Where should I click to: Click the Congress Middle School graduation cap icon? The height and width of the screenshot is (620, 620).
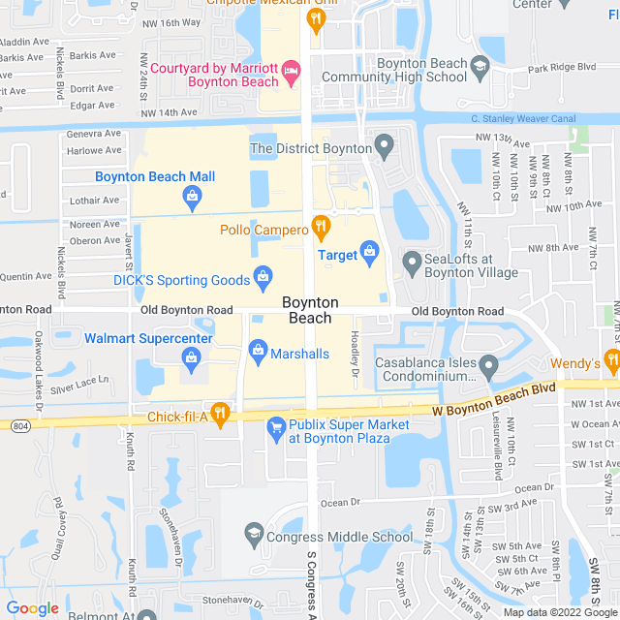tap(253, 535)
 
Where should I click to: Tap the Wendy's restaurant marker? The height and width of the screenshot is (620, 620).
tap(611, 363)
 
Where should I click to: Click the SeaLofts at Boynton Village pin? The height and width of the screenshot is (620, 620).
tap(412, 262)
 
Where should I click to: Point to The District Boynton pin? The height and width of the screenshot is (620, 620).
tap(385, 148)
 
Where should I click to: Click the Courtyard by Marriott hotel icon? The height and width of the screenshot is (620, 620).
tap(292, 71)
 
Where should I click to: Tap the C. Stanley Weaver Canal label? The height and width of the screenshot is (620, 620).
tap(523, 119)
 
